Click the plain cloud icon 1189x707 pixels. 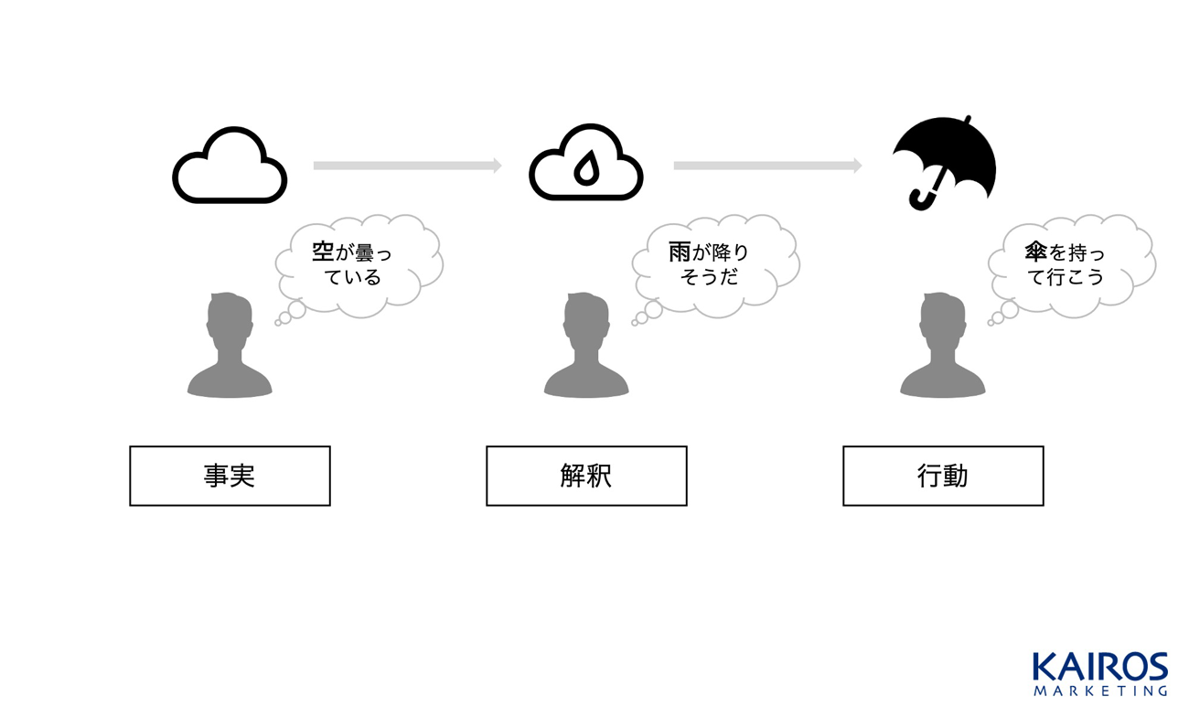click(230, 166)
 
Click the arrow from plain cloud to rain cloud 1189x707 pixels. click(407, 166)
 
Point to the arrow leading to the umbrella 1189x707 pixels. click(767, 166)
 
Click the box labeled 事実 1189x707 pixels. click(230, 476)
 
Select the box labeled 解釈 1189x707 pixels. click(586, 476)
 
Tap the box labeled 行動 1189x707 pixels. click(943, 476)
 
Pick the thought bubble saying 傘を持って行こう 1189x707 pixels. click(1071, 264)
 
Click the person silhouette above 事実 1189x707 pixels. click(230, 346)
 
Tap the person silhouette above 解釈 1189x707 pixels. click(586, 346)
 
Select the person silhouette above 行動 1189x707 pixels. click(943, 346)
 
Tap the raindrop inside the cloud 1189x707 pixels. click(585, 169)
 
